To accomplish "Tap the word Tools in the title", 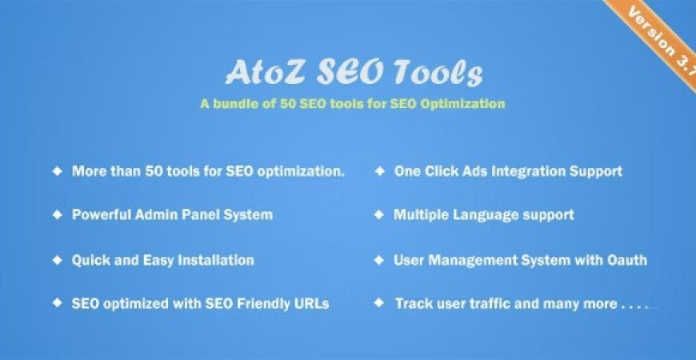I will [x=442, y=74].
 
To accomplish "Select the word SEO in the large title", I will [x=347, y=74].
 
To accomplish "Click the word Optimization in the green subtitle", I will [x=464, y=104].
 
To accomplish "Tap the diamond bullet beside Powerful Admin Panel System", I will [x=57, y=214].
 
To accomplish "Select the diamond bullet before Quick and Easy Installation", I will [x=57, y=260].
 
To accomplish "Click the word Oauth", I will [x=626, y=260].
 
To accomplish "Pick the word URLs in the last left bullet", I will [x=310, y=304].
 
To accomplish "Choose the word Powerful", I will [x=100, y=215].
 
